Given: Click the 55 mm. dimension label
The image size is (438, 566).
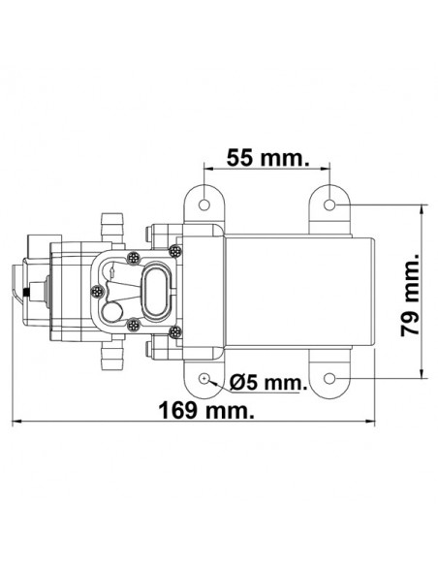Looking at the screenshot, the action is tap(267, 158).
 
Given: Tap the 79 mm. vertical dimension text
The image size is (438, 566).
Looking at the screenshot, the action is tap(411, 295).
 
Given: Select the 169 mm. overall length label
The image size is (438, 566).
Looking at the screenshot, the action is tap(206, 411).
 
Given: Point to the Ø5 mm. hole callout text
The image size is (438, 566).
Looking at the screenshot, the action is tap(268, 382).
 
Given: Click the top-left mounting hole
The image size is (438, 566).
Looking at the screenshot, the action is tap(204, 205).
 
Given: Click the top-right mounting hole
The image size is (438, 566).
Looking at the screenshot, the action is tap(329, 205).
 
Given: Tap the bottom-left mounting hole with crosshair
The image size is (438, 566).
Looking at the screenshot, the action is tap(204, 379).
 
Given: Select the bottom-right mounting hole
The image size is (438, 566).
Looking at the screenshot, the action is tap(329, 379).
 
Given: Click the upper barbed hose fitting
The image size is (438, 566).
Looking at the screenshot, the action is tap(112, 228).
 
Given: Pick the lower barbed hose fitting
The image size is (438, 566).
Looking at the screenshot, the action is tap(112, 355).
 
